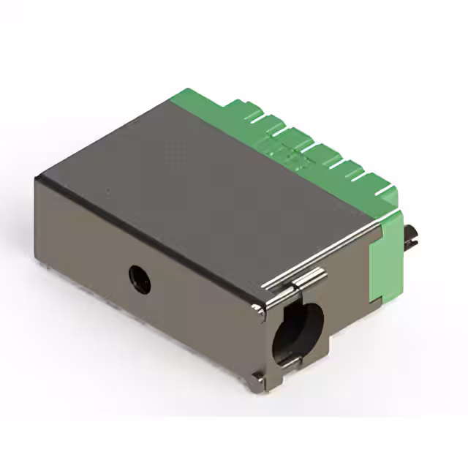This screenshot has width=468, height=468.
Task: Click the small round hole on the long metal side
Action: tap(139, 279)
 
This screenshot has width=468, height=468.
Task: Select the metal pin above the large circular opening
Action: tap(311, 278)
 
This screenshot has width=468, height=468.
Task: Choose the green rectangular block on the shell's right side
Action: tap(385, 256)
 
